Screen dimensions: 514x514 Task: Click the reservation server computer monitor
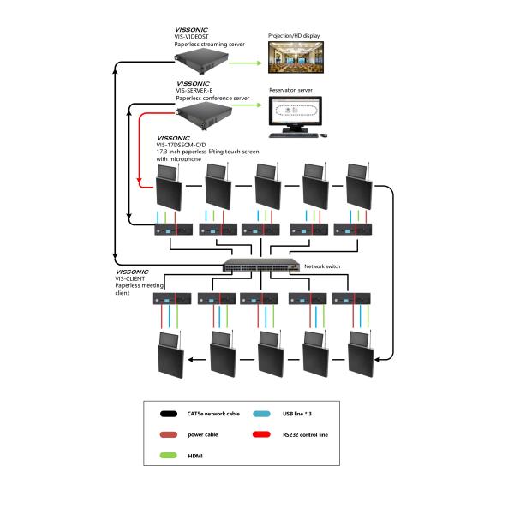click(296, 112)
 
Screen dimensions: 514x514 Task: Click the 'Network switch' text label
click(322, 267)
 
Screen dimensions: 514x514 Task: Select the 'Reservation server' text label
click(291, 89)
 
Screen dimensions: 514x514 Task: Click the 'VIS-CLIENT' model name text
click(130, 278)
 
